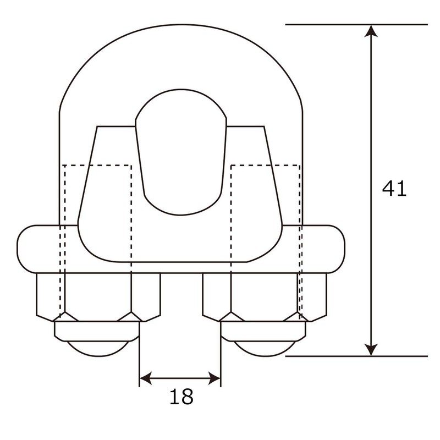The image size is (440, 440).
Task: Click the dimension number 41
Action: pos(394,189)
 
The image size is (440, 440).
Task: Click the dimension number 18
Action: pos(180,397)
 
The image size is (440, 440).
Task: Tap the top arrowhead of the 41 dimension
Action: pos(373,31)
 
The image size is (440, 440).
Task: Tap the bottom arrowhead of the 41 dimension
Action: pos(373,349)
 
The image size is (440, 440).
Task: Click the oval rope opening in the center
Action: pos(180,151)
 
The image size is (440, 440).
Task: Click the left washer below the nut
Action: pos(97,329)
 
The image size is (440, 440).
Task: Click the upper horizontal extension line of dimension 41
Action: pos(330,25)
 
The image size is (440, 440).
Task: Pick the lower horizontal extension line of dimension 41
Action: pos(330,356)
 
